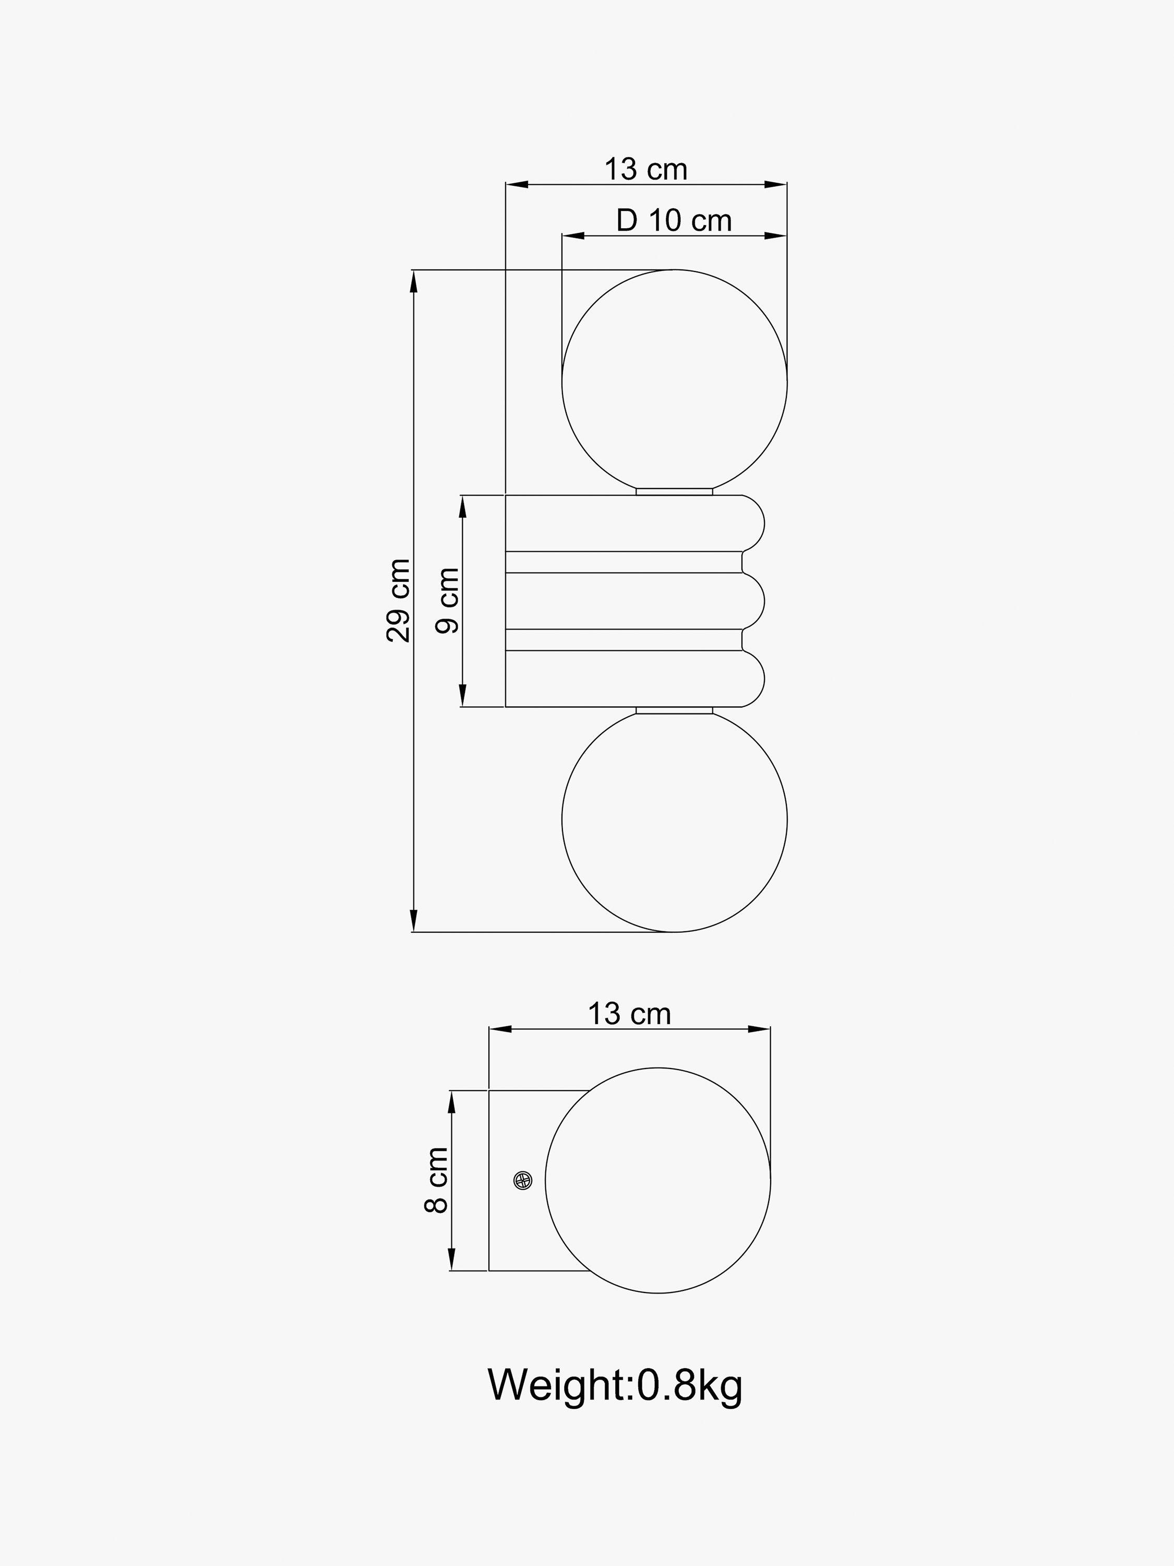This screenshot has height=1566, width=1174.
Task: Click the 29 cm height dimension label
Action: pyautogui.click(x=399, y=600)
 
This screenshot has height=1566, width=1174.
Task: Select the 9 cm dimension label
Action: pyautogui.click(x=447, y=600)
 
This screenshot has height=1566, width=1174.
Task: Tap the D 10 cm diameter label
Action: pyautogui.click(x=673, y=220)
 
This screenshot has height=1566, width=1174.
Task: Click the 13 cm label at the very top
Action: pyautogui.click(x=645, y=170)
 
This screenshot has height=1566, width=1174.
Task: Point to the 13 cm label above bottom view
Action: pyautogui.click(x=629, y=1014)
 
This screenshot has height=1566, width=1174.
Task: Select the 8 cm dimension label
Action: pyautogui.click(x=437, y=1180)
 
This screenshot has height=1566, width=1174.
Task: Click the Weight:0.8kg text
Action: pyautogui.click(x=615, y=1385)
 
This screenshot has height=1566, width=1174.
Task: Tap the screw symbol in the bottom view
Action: pyautogui.click(x=523, y=1180)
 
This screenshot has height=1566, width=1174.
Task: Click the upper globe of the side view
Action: pyautogui.click(x=674, y=382)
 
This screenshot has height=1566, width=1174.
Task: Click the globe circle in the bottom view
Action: pyautogui.click(x=657, y=1180)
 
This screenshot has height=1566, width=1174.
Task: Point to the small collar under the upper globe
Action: pyautogui.click(x=674, y=491)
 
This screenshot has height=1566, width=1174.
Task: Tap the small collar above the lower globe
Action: pyautogui.click(x=674, y=710)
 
